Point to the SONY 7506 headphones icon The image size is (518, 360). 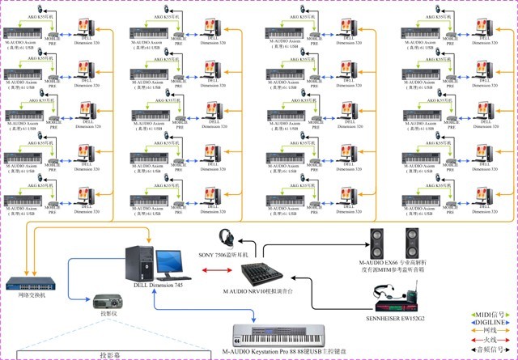227,239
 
